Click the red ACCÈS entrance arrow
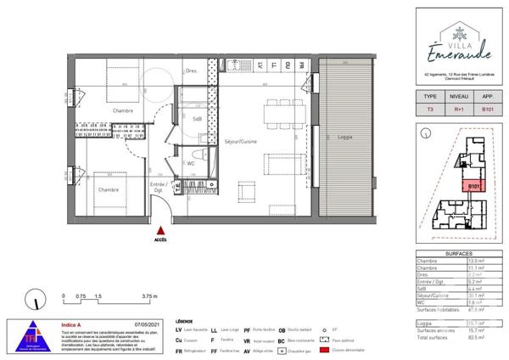click(x=159, y=229)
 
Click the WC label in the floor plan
click(x=191, y=163)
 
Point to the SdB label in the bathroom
click(x=197, y=119)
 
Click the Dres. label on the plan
click(x=192, y=71)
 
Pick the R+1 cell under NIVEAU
click(x=459, y=109)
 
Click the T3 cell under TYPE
click(x=430, y=109)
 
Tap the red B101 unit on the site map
click(x=473, y=186)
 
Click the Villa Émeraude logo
click(x=459, y=42)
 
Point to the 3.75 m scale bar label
click(x=149, y=296)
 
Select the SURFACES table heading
click(x=459, y=251)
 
